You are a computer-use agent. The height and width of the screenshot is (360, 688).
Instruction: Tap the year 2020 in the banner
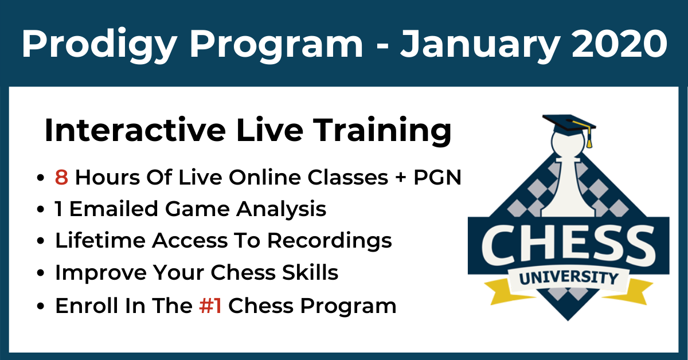[620, 44]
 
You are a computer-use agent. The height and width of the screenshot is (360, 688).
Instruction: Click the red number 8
[61, 178]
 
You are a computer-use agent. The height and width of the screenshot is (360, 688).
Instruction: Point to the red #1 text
[210, 306]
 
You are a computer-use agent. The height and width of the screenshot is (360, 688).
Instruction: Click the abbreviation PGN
[437, 178]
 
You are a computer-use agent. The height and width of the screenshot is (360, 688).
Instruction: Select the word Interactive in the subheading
[135, 130]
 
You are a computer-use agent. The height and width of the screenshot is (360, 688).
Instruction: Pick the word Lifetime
[100, 240]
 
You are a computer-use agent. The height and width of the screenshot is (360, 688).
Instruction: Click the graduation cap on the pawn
[569, 126]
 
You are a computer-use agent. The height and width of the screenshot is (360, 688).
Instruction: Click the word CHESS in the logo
[569, 245]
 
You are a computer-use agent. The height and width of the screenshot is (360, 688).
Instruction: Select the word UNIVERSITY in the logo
[569, 278]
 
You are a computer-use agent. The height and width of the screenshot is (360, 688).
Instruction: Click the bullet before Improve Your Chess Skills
[40, 273]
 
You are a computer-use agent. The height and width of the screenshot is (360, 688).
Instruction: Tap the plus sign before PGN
[401, 178]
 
